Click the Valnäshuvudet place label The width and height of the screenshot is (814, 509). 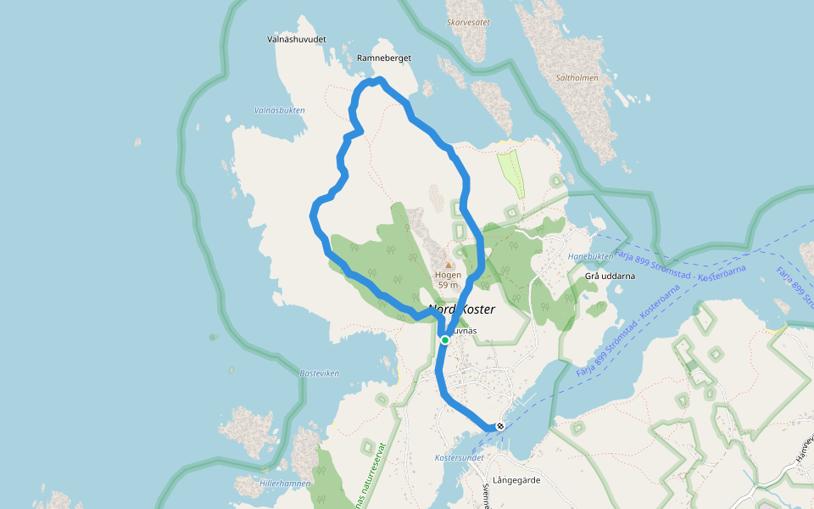point(297,39)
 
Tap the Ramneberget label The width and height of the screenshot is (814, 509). point(384,58)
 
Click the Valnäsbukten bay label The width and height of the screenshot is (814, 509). point(279,109)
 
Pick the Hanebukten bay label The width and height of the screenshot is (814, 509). point(590,256)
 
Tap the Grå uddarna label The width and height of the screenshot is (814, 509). point(610,276)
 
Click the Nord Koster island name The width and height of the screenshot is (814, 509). point(461,310)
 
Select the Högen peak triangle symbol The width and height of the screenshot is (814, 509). point(449,265)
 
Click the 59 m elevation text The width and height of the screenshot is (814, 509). point(448,285)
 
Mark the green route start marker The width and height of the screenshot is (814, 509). point(444,339)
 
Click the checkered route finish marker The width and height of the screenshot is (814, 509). point(500,426)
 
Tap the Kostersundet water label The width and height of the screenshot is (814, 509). point(459,457)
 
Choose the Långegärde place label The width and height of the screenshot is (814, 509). point(516,480)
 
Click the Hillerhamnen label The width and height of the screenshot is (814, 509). point(285,483)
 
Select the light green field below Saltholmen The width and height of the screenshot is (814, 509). point(511,173)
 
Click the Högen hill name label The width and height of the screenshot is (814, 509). point(448,275)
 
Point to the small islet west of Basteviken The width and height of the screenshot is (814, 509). point(212,337)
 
